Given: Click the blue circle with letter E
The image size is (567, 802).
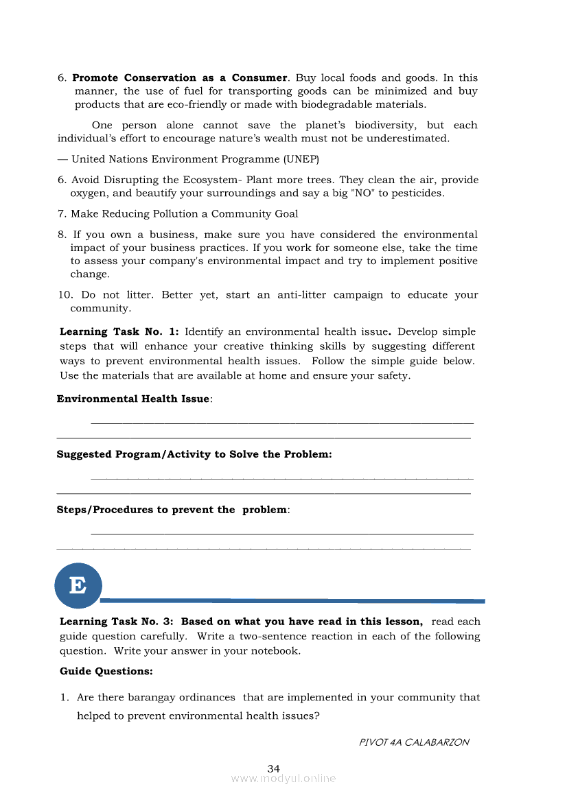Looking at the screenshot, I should (x=78, y=585).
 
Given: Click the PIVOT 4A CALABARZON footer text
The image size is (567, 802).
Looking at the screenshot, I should (x=414, y=742).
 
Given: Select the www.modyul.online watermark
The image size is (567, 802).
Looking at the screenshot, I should (x=283, y=779).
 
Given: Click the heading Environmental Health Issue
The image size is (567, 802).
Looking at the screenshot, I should (x=134, y=399).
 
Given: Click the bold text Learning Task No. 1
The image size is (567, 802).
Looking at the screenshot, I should (x=119, y=332).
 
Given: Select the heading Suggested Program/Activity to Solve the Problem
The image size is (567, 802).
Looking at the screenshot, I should (x=194, y=454).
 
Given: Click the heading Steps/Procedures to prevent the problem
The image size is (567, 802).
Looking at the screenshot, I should (x=172, y=510).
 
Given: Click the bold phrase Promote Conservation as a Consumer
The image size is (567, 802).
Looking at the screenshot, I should (x=180, y=78).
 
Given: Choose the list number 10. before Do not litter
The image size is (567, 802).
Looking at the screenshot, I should (x=65, y=295).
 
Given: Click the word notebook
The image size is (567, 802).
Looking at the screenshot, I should (x=275, y=650).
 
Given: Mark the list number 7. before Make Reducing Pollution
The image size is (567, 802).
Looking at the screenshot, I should (x=62, y=214).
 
